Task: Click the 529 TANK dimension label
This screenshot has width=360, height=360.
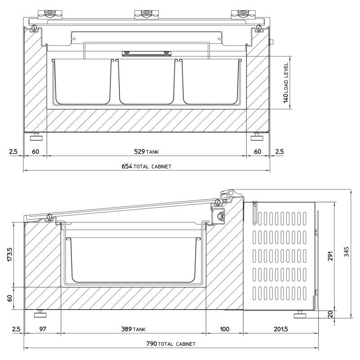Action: coord(146,152)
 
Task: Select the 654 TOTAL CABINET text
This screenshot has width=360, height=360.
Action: coord(146,166)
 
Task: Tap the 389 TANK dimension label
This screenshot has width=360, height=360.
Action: coord(133,329)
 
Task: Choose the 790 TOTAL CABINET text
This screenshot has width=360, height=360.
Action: coord(171,344)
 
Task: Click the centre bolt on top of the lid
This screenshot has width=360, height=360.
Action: coord(147,12)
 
